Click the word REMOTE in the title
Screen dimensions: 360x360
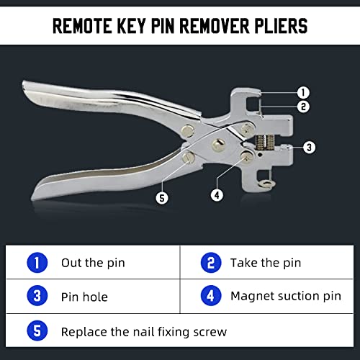coord(85,27)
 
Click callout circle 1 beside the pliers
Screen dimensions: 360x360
coord(303,92)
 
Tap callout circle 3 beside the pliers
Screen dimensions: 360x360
coord(308,147)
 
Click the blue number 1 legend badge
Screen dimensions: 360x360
coord(38,263)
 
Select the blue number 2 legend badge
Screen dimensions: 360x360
coord(210,263)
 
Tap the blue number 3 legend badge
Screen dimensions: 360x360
coord(38,296)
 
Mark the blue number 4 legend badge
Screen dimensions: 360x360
coord(210,296)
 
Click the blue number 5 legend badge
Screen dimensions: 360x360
coord(38,331)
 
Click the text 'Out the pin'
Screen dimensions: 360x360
coord(93,263)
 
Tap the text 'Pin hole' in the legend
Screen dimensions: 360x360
coord(84,296)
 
